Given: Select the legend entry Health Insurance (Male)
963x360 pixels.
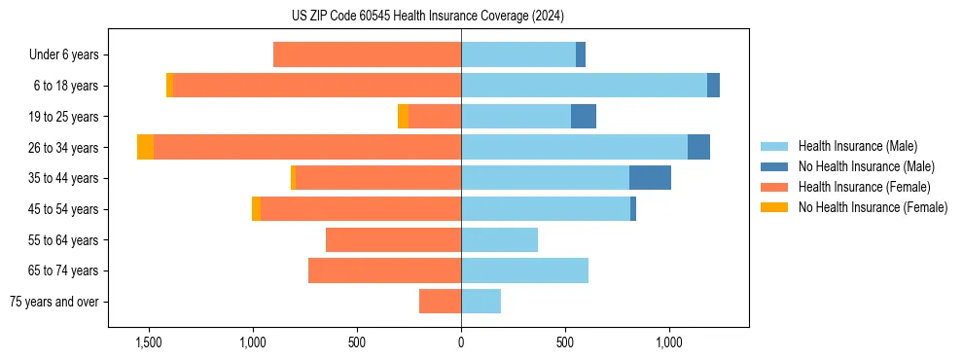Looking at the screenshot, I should tap(857, 146).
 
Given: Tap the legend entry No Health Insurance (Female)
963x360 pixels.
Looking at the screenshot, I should tap(873, 207).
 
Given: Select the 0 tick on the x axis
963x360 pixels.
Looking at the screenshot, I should tap(461, 343).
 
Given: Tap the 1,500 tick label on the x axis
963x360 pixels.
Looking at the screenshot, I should tap(148, 343).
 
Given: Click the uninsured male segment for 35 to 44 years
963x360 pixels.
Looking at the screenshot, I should tap(650, 178).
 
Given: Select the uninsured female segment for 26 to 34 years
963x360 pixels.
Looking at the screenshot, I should tap(145, 147).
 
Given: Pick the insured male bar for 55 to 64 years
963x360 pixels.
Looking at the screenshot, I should tap(499, 239).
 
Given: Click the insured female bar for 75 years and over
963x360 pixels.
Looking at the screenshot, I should tap(440, 302).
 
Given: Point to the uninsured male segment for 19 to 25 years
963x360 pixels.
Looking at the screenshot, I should tap(583, 117).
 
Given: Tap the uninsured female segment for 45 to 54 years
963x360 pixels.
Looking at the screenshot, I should tap(256, 209).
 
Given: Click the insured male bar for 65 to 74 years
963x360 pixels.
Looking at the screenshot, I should tap(524, 270).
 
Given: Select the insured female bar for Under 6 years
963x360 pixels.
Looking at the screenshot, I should tap(367, 55).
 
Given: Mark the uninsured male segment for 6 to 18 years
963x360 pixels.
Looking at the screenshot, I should tap(713, 86).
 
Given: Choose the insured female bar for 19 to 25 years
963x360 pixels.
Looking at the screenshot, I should tap(435, 117).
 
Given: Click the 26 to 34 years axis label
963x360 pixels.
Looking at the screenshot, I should tap(63, 148).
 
